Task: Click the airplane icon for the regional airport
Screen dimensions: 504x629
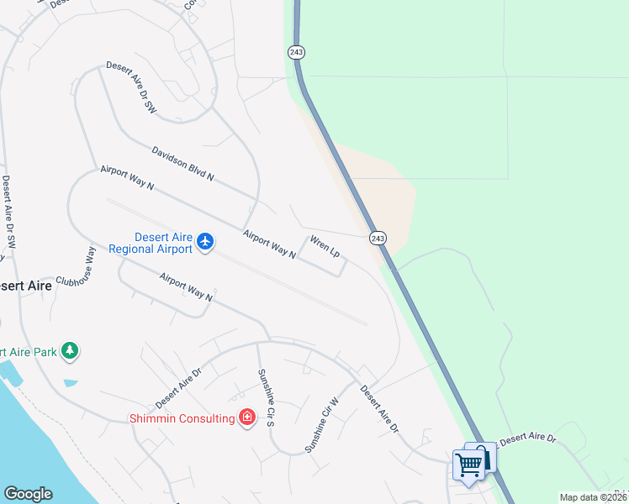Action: click(205, 243)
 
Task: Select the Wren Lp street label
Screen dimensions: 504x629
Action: click(325, 247)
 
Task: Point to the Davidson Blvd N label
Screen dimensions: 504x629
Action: click(183, 164)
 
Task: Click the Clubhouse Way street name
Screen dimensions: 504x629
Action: click(76, 267)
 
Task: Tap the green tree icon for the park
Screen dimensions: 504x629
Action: click(71, 351)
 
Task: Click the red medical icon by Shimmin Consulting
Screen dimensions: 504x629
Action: click(246, 417)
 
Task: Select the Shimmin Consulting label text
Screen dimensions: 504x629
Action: click(181, 418)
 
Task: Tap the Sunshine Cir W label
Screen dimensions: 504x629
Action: click(321, 425)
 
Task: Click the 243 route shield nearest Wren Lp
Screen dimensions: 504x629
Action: click(378, 239)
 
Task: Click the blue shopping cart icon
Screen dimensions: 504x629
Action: click(469, 464)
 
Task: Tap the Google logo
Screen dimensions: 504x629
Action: click(28, 493)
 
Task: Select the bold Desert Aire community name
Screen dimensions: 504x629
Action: click(25, 286)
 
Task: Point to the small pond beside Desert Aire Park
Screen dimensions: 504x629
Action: click(70, 383)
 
